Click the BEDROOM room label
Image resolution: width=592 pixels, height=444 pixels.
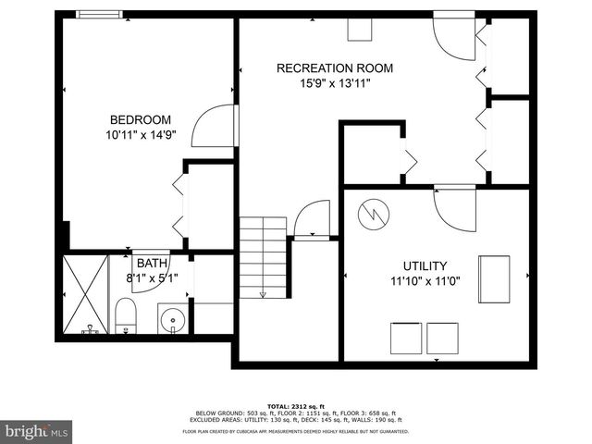tap(141, 119)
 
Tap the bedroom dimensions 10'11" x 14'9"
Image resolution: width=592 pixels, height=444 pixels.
tap(142, 134)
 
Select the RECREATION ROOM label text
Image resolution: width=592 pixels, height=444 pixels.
tap(335, 68)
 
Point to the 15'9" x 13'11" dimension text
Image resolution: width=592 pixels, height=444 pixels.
tap(335, 82)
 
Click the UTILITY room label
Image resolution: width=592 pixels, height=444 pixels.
tap(425, 265)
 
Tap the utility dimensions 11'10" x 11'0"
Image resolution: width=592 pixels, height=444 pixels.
tap(425, 279)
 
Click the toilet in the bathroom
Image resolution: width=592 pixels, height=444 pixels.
tap(126, 317)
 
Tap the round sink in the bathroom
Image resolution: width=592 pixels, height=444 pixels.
tap(172, 322)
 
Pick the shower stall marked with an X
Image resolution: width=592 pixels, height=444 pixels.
tap(86, 294)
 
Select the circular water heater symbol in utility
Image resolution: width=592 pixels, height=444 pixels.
tap(376, 215)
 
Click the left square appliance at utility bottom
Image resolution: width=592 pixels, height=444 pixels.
tap(404, 338)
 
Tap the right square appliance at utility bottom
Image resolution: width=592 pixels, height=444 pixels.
tap(442, 338)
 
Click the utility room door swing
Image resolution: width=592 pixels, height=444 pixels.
tap(453, 209)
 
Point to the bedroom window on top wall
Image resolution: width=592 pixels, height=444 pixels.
tap(99, 14)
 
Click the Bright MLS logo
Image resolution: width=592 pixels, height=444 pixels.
tap(37, 431)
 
